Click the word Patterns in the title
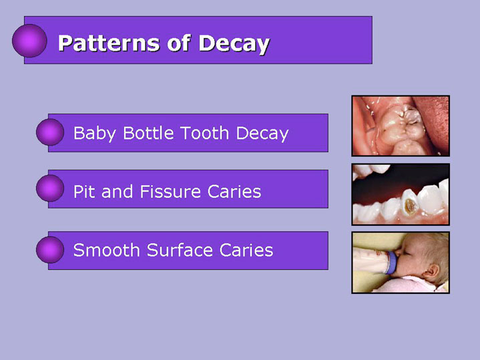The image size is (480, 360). pyautogui.click(x=109, y=43)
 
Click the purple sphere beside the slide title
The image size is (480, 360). pyautogui.click(x=29, y=41)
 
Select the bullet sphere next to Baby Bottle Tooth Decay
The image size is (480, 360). pyautogui.click(x=50, y=132)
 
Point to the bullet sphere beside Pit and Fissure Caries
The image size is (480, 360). pyautogui.click(x=50, y=188)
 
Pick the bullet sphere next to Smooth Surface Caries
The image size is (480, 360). pyautogui.click(x=50, y=250)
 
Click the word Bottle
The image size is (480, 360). pyautogui.click(x=150, y=133)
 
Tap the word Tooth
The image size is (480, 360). pyautogui.click(x=204, y=133)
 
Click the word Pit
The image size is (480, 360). pyautogui.click(x=83, y=192)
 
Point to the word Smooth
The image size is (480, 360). pyautogui.click(x=107, y=250)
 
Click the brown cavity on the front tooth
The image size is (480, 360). pyautogui.click(x=410, y=206)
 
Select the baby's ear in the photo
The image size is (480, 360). pyautogui.click(x=431, y=273)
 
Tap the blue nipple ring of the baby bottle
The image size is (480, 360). pyautogui.click(x=391, y=262)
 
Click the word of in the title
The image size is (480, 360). pyautogui.click(x=179, y=43)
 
